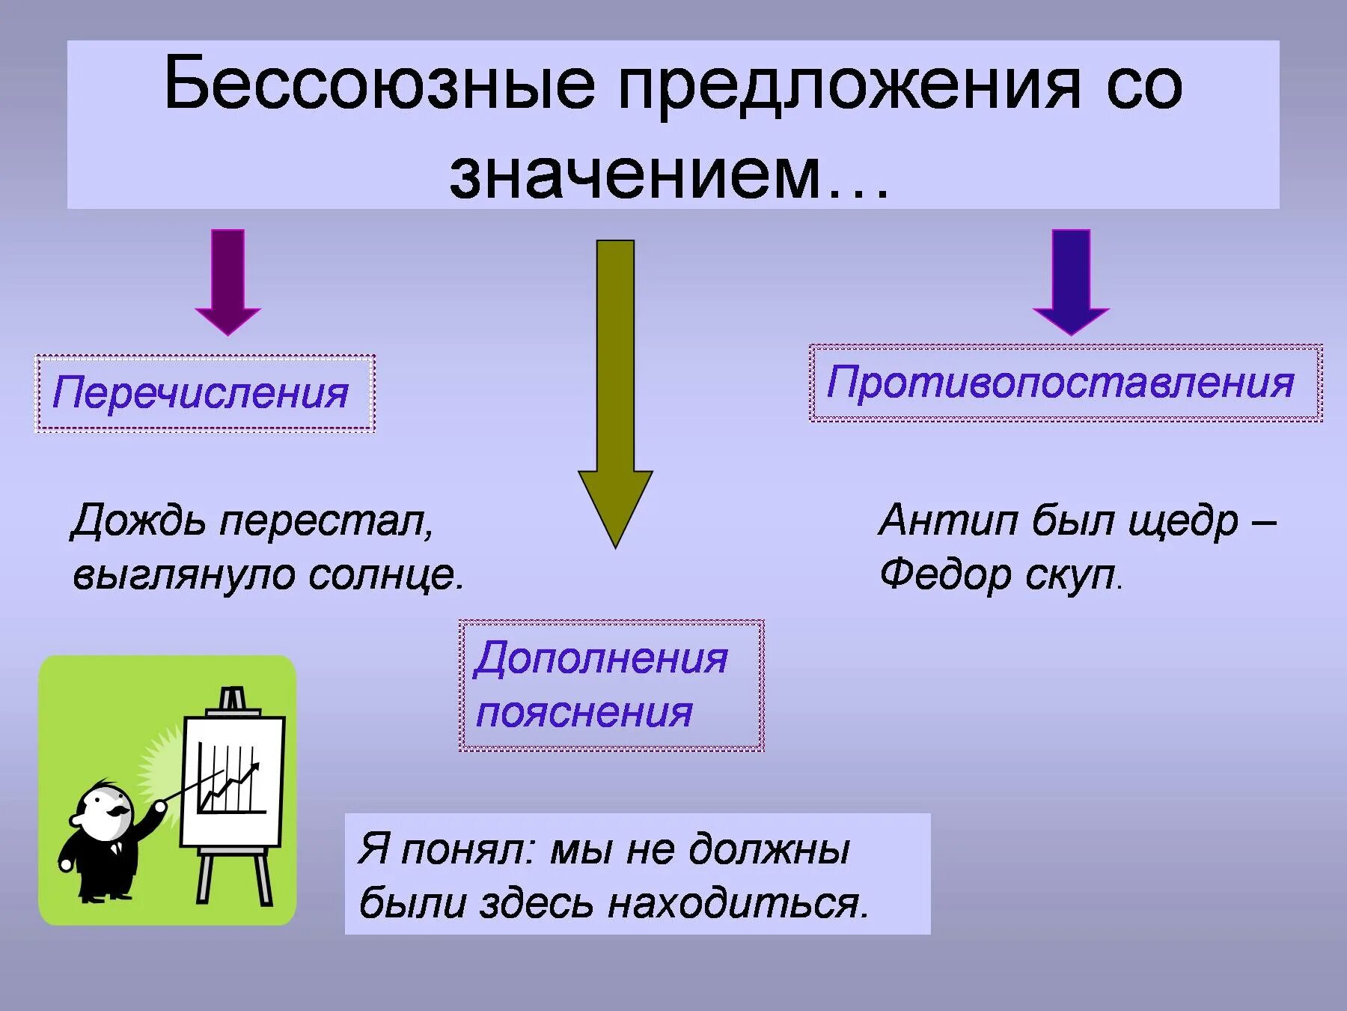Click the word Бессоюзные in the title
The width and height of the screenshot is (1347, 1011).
click(x=379, y=84)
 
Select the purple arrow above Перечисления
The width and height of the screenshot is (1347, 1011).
click(x=227, y=281)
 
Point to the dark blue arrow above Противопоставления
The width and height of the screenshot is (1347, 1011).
click(x=1071, y=281)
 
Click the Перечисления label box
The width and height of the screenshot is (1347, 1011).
click(x=204, y=393)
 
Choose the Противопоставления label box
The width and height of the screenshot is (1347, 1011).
click(x=1065, y=383)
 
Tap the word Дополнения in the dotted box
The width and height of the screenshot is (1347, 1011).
click(x=601, y=658)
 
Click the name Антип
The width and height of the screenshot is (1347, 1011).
click(x=947, y=520)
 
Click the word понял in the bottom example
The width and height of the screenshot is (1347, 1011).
click(x=467, y=849)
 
